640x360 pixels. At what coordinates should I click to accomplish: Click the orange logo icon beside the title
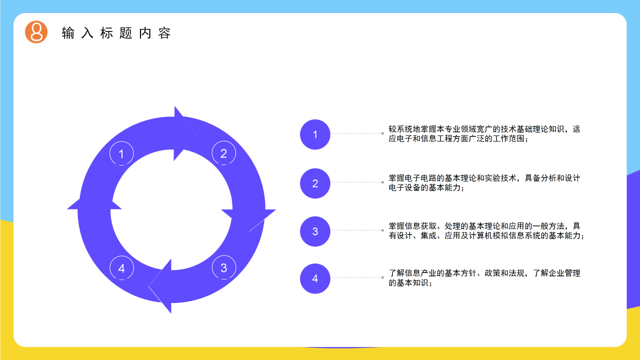pyautogui.click(x=36, y=32)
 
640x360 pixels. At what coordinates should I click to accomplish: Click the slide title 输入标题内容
pyautogui.click(x=116, y=33)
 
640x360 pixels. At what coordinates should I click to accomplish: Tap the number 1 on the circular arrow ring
pyautogui.click(x=121, y=154)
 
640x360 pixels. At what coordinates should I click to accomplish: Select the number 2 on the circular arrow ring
pyautogui.click(x=223, y=153)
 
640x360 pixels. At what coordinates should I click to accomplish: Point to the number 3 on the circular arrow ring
pyautogui.click(x=223, y=268)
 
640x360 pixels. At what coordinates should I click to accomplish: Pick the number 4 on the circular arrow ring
pyautogui.click(x=121, y=268)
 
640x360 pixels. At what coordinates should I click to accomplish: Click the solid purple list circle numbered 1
pyautogui.click(x=315, y=134)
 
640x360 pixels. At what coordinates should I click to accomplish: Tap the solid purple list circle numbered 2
pyautogui.click(x=315, y=183)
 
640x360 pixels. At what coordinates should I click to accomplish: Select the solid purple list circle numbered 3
pyautogui.click(x=315, y=231)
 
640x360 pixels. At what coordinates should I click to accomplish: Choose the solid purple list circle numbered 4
pyautogui.click(x=315, y=278)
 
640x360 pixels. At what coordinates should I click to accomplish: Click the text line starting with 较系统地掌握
pyautogui.click(x=484, y=129)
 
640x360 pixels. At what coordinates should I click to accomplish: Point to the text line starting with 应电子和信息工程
pyautogui.click(x=458, y=139)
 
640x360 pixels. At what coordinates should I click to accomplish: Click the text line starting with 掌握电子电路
pyautogui.click(x=484, y=178)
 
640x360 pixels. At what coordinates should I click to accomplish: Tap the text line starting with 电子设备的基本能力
pyautogui.click(x=426, y=188)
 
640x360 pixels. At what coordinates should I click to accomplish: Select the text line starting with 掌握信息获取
pyautogui.click(x=484, y=226)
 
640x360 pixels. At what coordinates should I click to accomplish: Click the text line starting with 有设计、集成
pyautogui.click(x=486, y=236)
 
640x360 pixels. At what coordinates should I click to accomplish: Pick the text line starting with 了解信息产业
pyautogui.click(x=484, y=273)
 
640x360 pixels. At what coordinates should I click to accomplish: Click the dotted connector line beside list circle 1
pyautogui.click(x=356, y=133)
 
